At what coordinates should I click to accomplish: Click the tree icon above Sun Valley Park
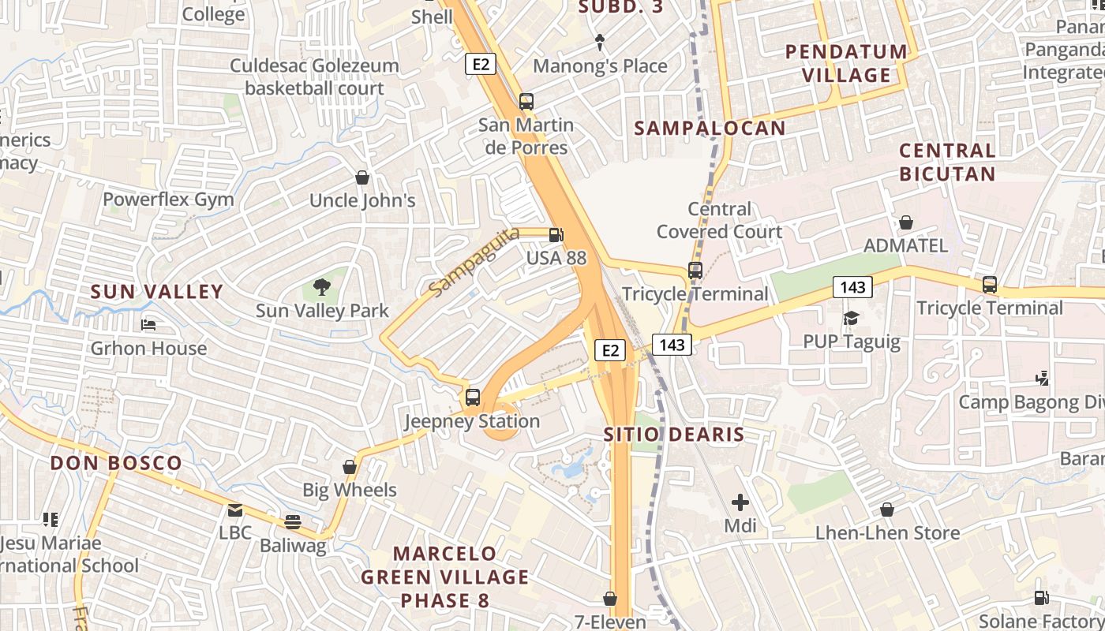click(321, 286)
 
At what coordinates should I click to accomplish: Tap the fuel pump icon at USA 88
click(556, 234)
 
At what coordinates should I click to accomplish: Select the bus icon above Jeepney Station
click(472, 398)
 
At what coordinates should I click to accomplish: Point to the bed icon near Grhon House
click(148, 324)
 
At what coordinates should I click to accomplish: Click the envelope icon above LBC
click(235, 510)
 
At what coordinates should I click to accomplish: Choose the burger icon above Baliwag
click(293, 521)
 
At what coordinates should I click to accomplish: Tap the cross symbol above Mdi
click(740, 502)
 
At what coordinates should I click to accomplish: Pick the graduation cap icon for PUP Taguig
click(851, 318)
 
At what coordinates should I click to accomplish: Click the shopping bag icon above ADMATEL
click(905, 222)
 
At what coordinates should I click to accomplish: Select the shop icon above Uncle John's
click(362, 177)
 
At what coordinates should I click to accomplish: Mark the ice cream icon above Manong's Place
click(599, 42)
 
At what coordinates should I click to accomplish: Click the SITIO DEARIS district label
click(674, 435)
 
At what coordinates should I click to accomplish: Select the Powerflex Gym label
click(168, 200)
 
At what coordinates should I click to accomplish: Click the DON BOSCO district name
click(116, 463)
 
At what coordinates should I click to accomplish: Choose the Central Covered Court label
click(719, 220)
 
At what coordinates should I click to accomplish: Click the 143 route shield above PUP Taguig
click(852, 287)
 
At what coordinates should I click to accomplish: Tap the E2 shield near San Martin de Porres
click(480, 64)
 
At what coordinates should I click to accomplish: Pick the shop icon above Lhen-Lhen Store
click(887, 510)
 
